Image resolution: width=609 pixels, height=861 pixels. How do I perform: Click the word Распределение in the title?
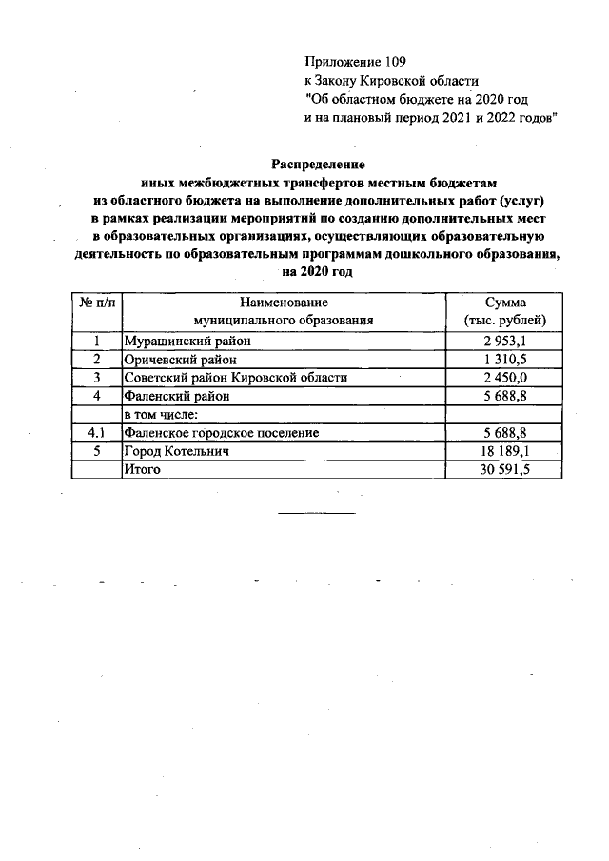[x=318, y=164]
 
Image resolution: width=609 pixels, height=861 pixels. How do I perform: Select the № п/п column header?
[x=97, y=302]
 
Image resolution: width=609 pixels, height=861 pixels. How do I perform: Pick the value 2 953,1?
[x=504, y=342]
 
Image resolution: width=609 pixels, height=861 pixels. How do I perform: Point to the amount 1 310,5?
[x=504, y=360]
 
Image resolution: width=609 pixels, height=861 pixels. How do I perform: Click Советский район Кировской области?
[x=235, y=378]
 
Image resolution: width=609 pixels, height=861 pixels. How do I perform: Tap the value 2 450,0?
[x=504, y=378]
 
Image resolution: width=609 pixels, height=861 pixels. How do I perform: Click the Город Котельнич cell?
[x=177, y=451]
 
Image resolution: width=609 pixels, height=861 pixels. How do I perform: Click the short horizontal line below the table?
[x=316, y=514]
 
